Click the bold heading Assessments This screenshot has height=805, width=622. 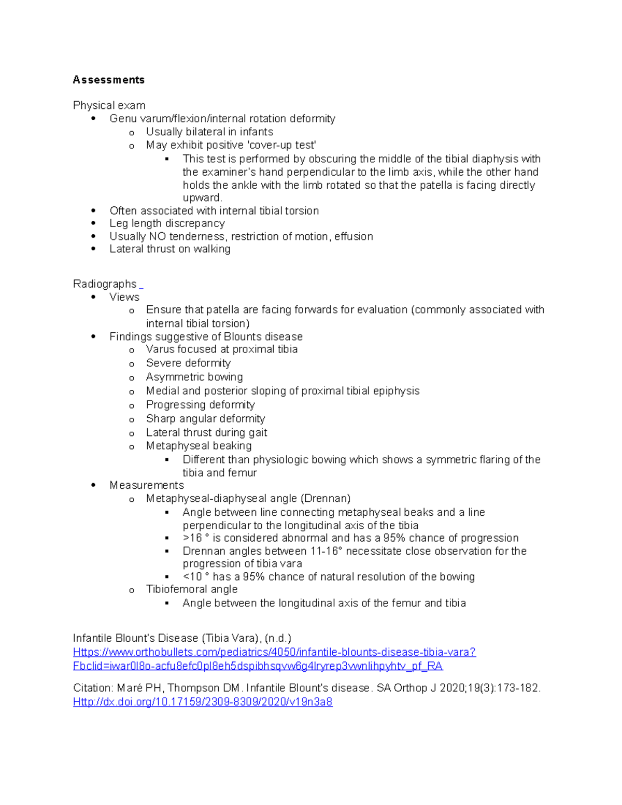pyautogui.click(x=108, y=80)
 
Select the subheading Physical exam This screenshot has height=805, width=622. pyautogui.click(x=109, y=106)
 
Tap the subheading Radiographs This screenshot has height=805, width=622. pyautogui.click(x=105, y=284)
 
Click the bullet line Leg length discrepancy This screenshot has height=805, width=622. pyautogui.click(x=167, y=223)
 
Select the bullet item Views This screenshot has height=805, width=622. pyautogui.click(x=124, y=297)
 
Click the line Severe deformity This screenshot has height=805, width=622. pyautogui.click(x=188, y=363)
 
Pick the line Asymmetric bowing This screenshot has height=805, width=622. pyautogui.click(x=194, y=377)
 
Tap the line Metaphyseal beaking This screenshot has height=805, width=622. pyautogui.click(x=199, y=446)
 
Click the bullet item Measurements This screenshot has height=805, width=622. pyautogui.click(x=147, y=485)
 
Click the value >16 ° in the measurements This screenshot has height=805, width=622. pyautogui.click(x=196, y=538)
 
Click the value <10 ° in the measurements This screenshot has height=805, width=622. pyautogui.click(x=196, y=577)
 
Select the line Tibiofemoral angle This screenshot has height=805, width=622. pyautogui.click(x=192, y=589)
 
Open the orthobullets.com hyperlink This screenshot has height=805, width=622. pyautogui.click(x=274, y=652)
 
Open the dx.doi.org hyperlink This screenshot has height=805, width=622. pyautogui.click(x=203, y=702)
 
